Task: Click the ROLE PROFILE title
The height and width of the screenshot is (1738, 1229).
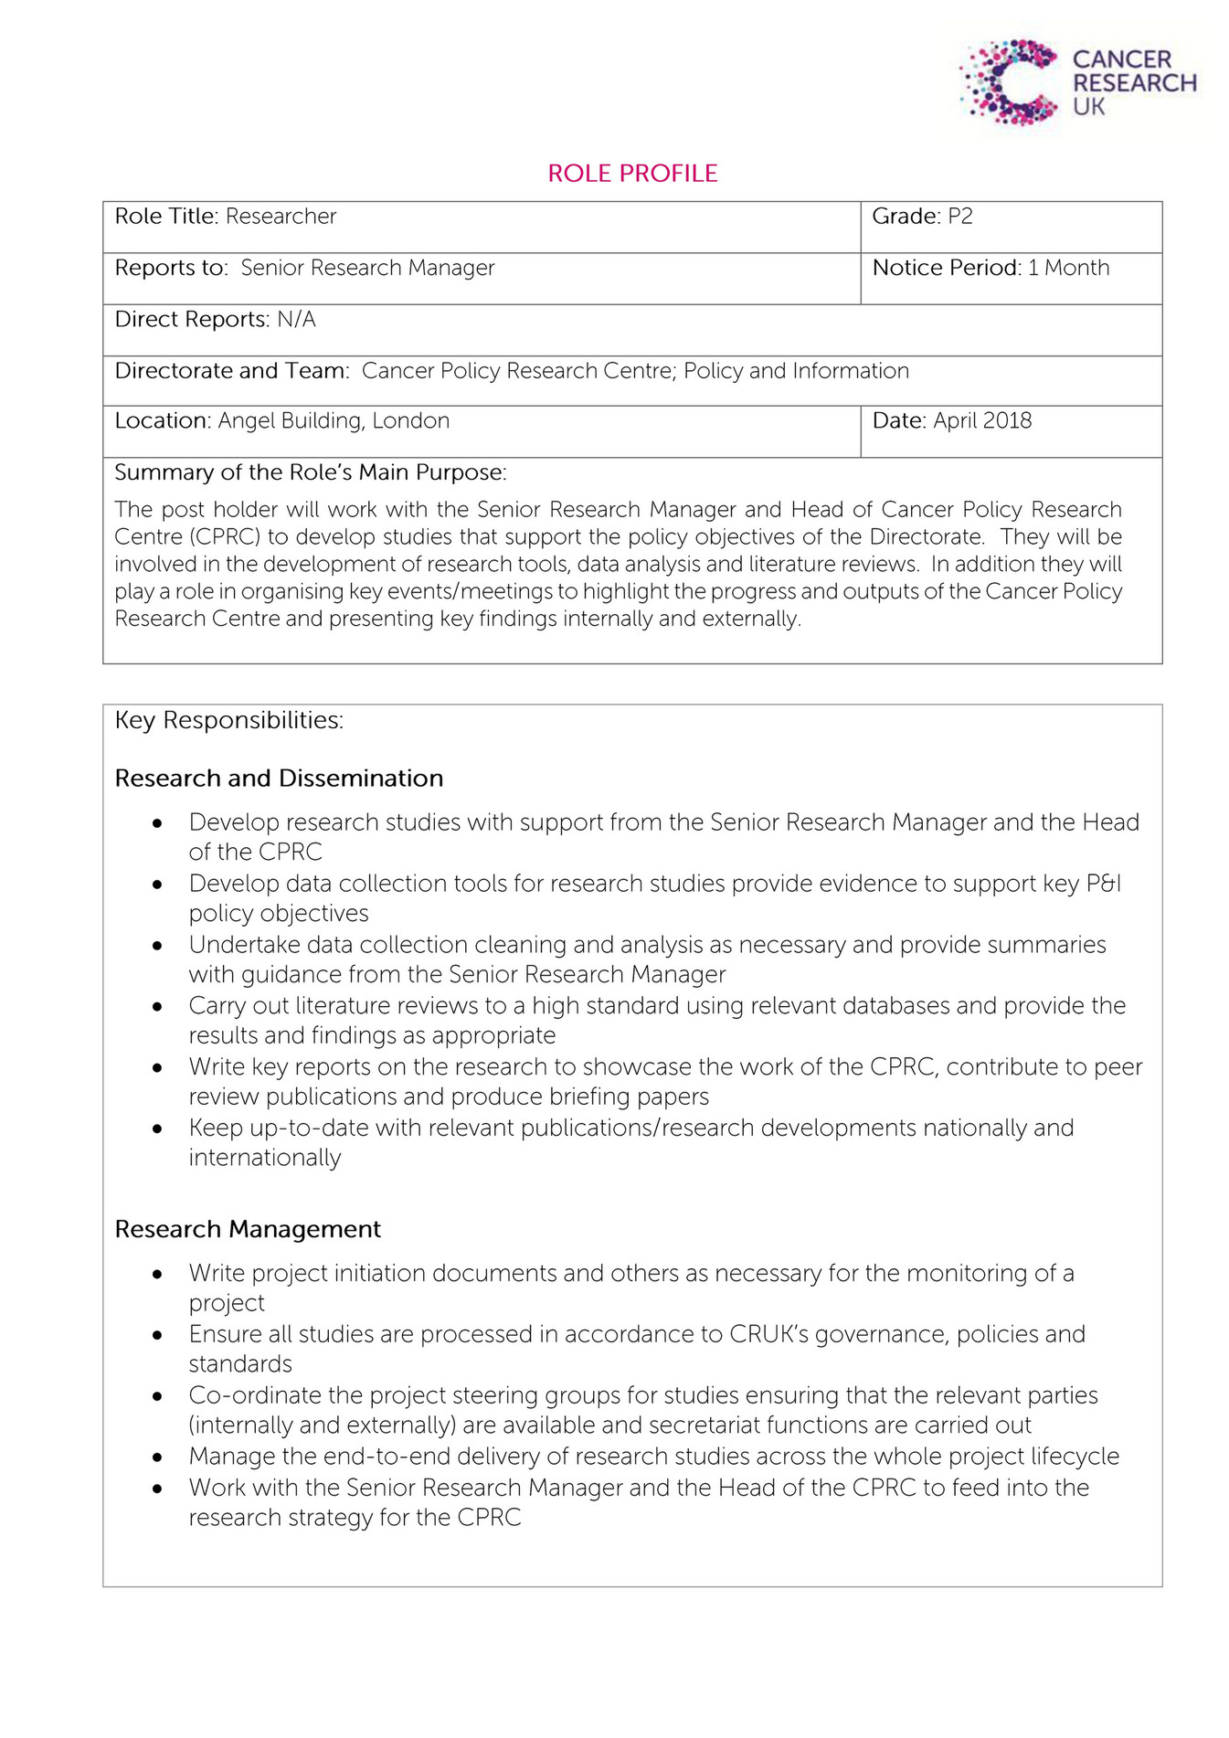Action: pyautogui.click(x=632, y=174)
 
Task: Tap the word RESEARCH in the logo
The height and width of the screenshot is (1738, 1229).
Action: pyautogui.click(x=1134, y=83)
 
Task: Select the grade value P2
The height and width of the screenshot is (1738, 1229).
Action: pyautogui.click(x=959, y=217)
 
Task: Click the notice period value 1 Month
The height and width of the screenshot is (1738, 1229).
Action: pyautogui.click(x=1068, y=268)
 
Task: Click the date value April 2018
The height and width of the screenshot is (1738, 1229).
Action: pyautogui.click(x=982, y=420)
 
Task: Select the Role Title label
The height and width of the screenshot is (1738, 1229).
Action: pyautogui.click(x=165, y=217)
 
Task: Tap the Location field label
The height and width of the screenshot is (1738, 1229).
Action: pyautogui.click(x=162, y=420)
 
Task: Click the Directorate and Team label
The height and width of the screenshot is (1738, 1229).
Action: pyautogui.click(x=231, y=370)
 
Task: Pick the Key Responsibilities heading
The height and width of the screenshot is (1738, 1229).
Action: pyautogui.click(x=228, y=720)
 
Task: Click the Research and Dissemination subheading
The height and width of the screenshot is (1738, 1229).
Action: pyautogui.click(x=279, y=779)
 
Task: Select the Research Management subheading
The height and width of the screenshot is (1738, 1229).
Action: pyautogui.click(x=248, y=1229)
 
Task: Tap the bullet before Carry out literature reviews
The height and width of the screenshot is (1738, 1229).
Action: pyautogui.click(x=158, y=1007)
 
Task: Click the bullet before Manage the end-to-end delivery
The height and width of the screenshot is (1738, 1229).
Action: pyautogui.click(x=158, y=1457)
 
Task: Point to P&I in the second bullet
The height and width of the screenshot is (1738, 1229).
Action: pyautogui.click(x=1103, y=884)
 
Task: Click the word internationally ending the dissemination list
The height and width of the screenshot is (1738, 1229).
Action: pyautogui.click(x=264, y=1158)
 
